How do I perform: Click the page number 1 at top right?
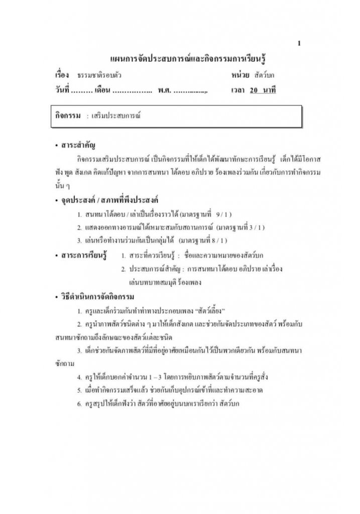coord(299,44)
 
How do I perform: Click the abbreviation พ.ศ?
coord(163,91)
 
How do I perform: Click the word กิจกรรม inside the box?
coord(68,115)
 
